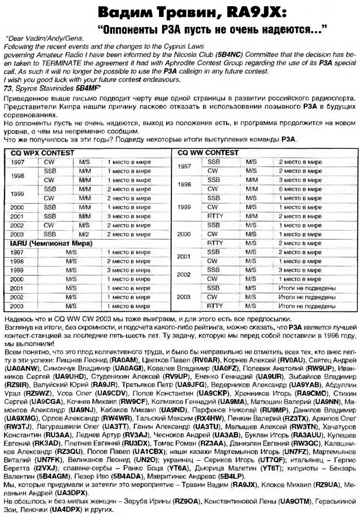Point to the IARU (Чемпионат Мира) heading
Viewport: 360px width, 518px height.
pyautogui.click(x=51, y=243)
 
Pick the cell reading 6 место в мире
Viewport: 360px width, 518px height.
pyautogui.click(x=300, y=189)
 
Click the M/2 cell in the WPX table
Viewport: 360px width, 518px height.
pyautogui.click(x=84, y=234)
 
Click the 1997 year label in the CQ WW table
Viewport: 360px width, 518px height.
pyautogui.click(x=184, y=166)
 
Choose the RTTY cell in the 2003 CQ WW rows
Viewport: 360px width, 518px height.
pyautogui.click(x=215, y=306)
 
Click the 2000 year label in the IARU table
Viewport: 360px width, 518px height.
pyautogui.click(x=17, y=279)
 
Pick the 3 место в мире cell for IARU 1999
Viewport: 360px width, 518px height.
pyautogui.click(x=129, y=270)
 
